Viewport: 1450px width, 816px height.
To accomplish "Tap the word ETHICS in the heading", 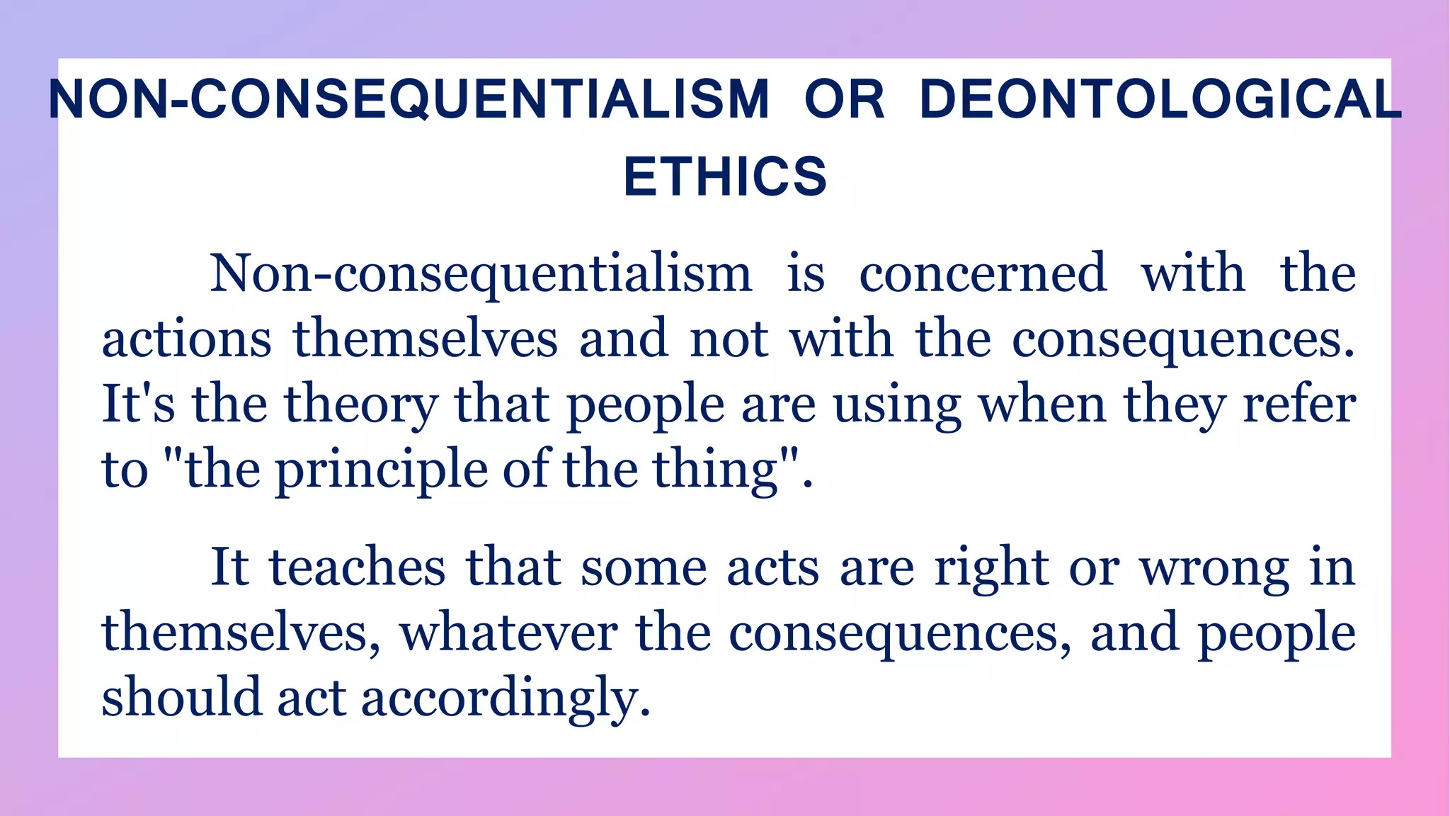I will [725, 176].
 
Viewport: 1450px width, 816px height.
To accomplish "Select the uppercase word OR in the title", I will [845, 99].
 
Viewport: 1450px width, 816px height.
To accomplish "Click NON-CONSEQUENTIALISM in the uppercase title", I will [409, 99].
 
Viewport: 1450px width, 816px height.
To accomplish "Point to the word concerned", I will [983, 273].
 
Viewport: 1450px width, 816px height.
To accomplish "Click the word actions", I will [186, 339].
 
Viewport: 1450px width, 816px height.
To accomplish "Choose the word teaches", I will [358, 567].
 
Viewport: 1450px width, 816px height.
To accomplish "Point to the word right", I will [991, 569].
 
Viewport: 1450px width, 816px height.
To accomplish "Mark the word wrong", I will [1214, 569].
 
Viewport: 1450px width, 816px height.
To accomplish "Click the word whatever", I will [508, 633].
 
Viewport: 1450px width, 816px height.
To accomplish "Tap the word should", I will [182, 697].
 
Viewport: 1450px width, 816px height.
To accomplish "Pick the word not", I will [729, 339].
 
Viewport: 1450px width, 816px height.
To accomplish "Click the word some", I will [644, 567].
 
